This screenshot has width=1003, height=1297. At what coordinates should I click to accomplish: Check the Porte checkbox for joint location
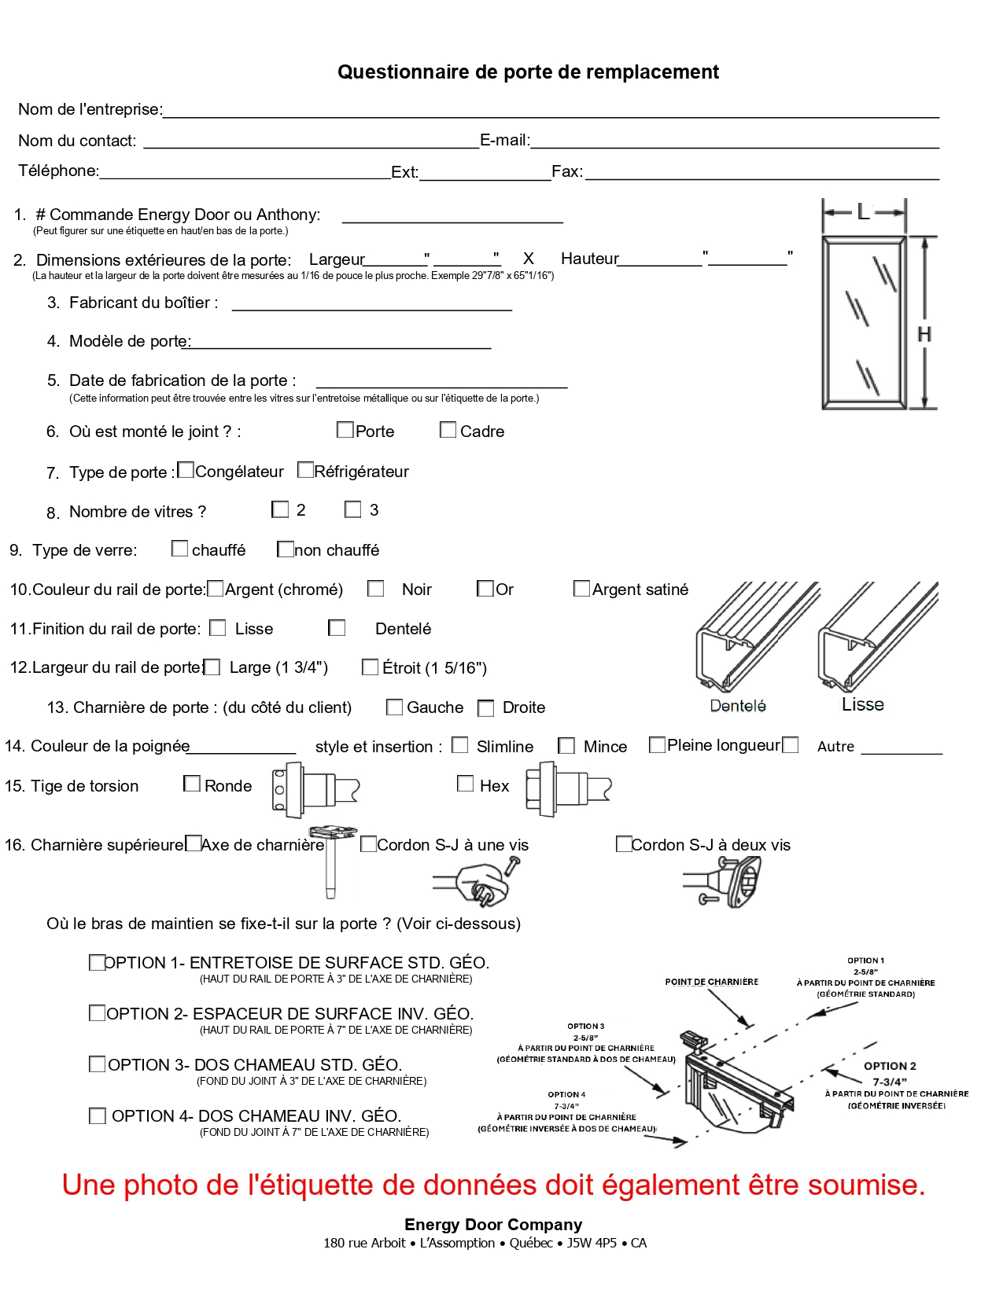[345, 430]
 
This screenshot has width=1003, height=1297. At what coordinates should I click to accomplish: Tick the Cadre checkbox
[448, 430]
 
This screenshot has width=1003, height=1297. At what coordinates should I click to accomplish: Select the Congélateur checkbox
[186, 470]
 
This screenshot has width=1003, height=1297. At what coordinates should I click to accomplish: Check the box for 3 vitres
[352, 509]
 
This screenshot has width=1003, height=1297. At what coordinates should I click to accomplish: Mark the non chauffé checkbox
[286, 549]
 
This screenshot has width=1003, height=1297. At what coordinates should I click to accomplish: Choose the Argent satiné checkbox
[581, 589]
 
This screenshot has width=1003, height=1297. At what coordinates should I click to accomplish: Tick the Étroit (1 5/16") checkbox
[370, 667]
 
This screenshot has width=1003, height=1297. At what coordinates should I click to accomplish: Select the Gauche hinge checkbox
[394, 707]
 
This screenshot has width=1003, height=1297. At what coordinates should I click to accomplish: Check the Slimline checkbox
[460, 745]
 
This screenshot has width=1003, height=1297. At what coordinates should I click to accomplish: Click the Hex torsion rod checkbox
[465, 784]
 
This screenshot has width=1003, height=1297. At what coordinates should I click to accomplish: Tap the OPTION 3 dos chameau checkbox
[97, 1064]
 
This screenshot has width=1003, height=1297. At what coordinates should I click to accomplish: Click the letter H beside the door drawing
[924, 335]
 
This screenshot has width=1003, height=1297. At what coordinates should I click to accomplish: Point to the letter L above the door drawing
[863, 212]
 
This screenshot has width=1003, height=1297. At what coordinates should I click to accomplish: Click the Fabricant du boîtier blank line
[371, 303]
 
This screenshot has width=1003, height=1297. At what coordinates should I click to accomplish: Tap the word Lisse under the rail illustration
[862, 704]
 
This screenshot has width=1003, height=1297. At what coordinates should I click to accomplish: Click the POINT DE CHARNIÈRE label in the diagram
[711, 982]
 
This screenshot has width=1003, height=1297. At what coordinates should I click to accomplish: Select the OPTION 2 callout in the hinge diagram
[890, 1066]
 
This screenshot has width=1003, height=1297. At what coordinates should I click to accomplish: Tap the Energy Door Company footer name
[492, 1225]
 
